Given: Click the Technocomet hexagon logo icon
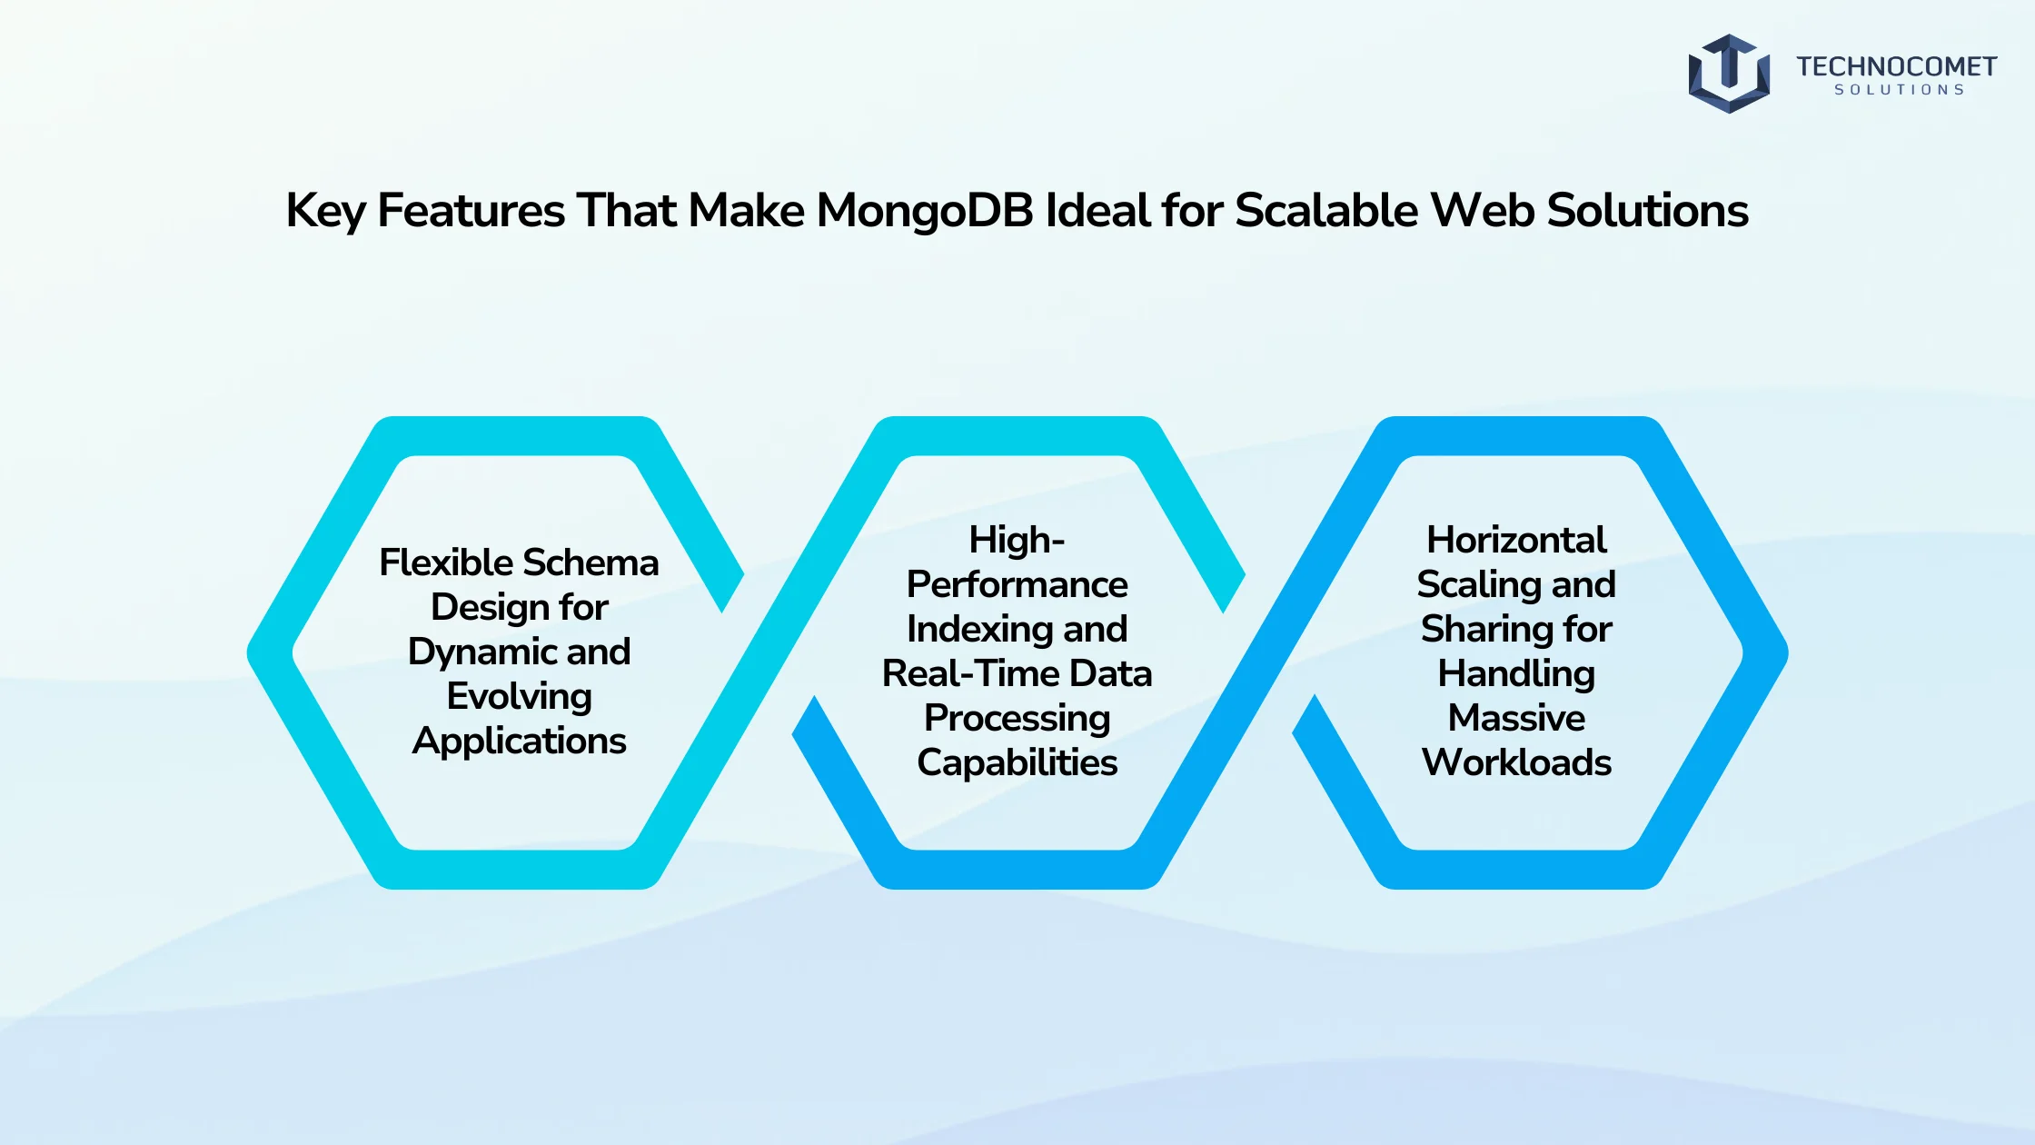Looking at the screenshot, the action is point(1729,74).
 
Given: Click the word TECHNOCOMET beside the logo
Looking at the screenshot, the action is point(1896,66).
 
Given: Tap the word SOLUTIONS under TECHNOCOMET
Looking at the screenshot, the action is point(1900,90).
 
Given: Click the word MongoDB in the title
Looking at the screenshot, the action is point(925,210).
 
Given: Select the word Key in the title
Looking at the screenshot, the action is point(325,212).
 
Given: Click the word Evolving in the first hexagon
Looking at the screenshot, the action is point(520,697).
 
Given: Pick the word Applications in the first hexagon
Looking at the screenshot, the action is point(520,742).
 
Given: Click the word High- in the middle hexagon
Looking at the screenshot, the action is point(1017,540).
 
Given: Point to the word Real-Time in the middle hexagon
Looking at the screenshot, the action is point(971,673).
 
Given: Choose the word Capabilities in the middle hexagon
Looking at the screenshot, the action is point(1017,763).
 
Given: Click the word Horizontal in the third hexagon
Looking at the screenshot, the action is point(1516,540).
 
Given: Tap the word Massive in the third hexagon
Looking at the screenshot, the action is point(1516,718).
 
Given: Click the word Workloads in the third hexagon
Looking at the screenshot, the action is point(1516,762).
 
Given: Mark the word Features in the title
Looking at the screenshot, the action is point(471,211).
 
